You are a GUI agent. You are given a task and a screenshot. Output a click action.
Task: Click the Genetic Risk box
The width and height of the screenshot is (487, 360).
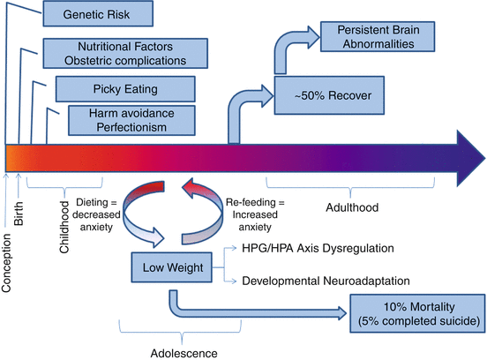pyautogui.click(x=98, y=14)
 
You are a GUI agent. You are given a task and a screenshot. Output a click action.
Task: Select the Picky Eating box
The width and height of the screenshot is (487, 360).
pyautogui.click(x=125, y=89)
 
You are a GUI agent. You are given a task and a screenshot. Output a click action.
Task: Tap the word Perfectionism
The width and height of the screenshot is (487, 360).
pyautogui.click(x=131, y=127)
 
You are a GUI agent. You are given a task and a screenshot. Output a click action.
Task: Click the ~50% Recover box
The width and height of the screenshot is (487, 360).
pyautogui.click(x=329, y=95)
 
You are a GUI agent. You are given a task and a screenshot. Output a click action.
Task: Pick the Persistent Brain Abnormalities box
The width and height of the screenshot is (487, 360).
pyautogui.click(x=378, y=37)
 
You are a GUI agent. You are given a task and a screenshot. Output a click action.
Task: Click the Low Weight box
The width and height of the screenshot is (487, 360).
pyautogui.click(x=172, y=267)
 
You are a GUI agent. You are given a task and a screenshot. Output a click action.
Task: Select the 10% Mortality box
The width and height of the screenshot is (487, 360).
pyautogui.click(x=417, y=314)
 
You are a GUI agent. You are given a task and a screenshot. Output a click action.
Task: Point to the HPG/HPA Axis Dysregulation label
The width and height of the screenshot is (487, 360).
pyautogui.click(x=318, y=248)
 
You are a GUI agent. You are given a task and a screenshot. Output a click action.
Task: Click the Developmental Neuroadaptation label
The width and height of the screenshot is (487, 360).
pyautogui.click(x=326, y=281)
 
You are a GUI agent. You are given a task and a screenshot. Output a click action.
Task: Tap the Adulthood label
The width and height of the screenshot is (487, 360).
pyautogui.click(x=352, y=207)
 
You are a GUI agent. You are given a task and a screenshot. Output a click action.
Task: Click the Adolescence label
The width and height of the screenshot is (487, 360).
pyautogui.click(x=184, y=354)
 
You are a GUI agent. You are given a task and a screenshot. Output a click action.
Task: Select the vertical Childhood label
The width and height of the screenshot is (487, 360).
pyautogui.click(x=64, y=227)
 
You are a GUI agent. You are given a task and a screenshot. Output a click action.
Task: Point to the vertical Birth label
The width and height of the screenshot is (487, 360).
pyautogui.click(x=19, y=213)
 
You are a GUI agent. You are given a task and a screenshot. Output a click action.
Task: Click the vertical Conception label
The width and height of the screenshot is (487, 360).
pyautogui.click(x=6, y=263)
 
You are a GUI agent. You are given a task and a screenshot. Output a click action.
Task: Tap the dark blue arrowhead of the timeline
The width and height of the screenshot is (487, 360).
pyautogui.click(x=470, y=159)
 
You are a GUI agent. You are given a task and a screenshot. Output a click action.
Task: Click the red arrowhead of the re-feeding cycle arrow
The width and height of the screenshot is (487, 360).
pyautogui.click(x=190, y=188)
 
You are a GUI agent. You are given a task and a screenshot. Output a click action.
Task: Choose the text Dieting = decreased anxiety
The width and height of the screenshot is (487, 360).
pyautogui.click(x=96, y=214)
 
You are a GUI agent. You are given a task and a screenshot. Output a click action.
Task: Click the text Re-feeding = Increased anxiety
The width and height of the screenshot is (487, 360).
pyautogui.click(x=255, y=214)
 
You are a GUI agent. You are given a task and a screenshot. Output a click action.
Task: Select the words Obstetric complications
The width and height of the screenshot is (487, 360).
pyautogui.click(x=125, y=61)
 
